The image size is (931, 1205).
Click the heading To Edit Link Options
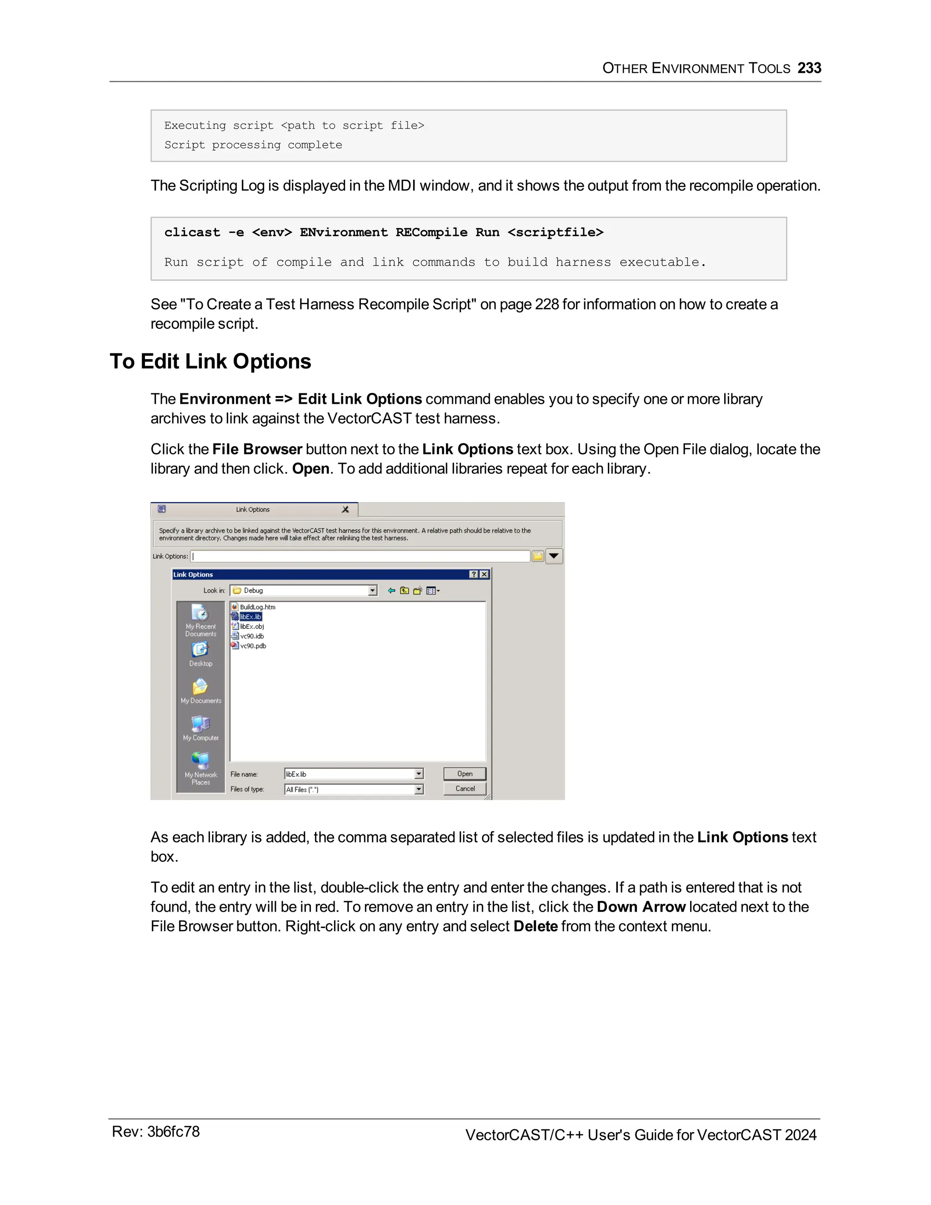coord(210,361)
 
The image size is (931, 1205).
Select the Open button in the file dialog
coord(465,773)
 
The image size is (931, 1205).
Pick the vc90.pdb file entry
coord(253,646)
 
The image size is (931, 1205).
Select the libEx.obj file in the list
coord(251,626)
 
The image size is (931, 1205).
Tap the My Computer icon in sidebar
coord(200,724)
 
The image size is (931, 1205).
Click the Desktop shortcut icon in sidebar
coord(200,650)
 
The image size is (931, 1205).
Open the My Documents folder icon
coord(200,687)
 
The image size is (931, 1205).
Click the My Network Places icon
coord(200,761)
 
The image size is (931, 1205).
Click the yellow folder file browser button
coord(538,556)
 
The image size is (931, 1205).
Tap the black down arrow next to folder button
coord(554,556)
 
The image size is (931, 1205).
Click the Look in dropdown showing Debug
coord(303,590)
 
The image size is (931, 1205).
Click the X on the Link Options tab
coord(345,509)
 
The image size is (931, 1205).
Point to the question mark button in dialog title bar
coord(473,574)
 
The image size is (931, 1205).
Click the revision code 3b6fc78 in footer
coord(173,1132)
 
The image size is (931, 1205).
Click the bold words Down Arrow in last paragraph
coord(641,907)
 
